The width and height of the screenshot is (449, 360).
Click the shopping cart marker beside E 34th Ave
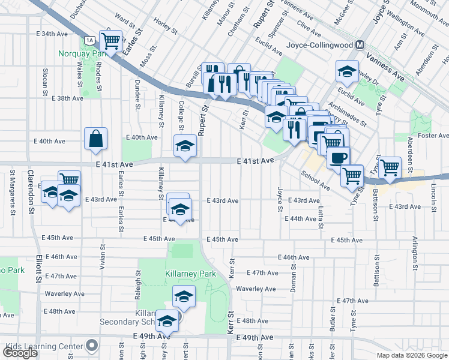coord(111,41)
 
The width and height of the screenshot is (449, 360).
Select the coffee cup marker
coord(338,157)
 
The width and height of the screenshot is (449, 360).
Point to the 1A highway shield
coord(89,41)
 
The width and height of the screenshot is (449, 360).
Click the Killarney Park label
coord(190,274)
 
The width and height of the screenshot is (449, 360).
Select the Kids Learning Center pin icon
coord(92,346)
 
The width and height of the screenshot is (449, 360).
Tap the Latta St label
coord(321,213)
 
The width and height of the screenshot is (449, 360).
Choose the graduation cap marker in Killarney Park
coord(184,296)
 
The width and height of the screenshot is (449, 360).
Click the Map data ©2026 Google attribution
coord(411,355)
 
